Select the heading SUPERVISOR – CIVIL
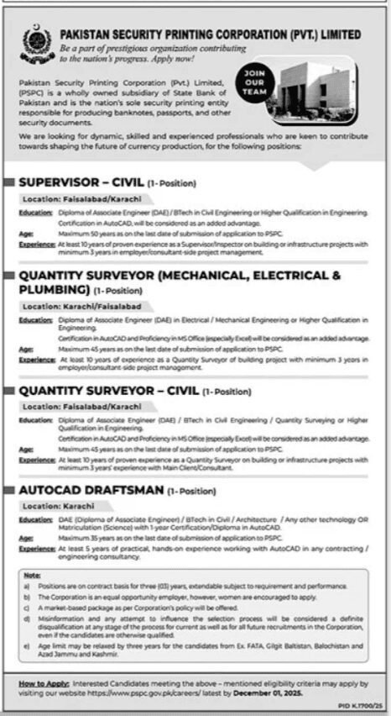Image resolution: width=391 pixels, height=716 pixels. coord(80,182)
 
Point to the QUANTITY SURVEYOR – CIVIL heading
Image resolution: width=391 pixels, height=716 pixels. coord(108,391)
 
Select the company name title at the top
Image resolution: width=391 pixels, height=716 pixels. coord(211,35)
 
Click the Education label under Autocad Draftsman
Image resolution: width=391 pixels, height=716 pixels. coord(35,519)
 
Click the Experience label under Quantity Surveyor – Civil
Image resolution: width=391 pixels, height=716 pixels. coord(36,460)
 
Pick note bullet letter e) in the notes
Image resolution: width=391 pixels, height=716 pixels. coord(28,645)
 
